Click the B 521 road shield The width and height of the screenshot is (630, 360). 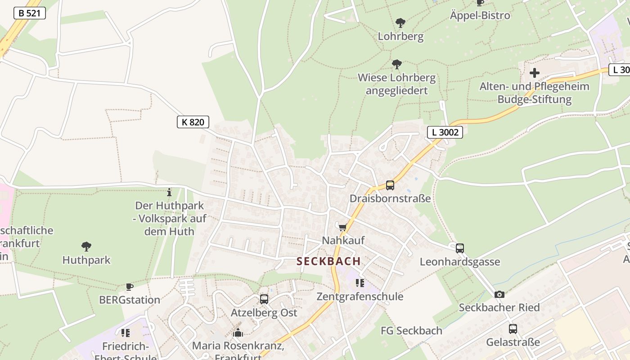click(x=30, y=13)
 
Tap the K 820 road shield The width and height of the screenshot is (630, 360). click(x=193, y=122)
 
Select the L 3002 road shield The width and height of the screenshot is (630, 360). click(x=445, y=132)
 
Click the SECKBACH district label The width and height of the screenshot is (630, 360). click(x=328, y=261)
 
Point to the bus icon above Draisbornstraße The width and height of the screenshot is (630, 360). click(x=390, y=185)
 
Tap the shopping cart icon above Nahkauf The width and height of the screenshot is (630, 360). click(x=343, y=227)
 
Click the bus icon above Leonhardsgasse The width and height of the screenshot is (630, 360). click(x=459, y=248)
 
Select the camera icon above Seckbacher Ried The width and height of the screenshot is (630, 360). click(x=499, y=294)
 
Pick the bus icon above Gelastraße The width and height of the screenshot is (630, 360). click(x=513, y=329)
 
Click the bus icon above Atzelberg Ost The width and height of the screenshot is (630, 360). click(x=264, y=299)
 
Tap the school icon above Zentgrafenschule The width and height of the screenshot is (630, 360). click(x=360, y=283)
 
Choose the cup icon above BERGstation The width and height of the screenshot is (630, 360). click(x=130, y=286)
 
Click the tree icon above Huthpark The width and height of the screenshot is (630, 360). click(x=86, y=247)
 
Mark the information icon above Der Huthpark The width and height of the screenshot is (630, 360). click(x=169, y=192)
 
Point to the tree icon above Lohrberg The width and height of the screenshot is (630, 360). click(x=400, y=23)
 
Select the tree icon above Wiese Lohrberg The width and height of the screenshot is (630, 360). click(x=396, y=64)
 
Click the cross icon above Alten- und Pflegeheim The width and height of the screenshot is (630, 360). click(x=534, y=72)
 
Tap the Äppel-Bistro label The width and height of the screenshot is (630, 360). click(x=480, y=15)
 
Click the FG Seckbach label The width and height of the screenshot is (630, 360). click(x=411, y=331)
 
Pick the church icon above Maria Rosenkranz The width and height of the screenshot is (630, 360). click(x=238, y=333)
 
